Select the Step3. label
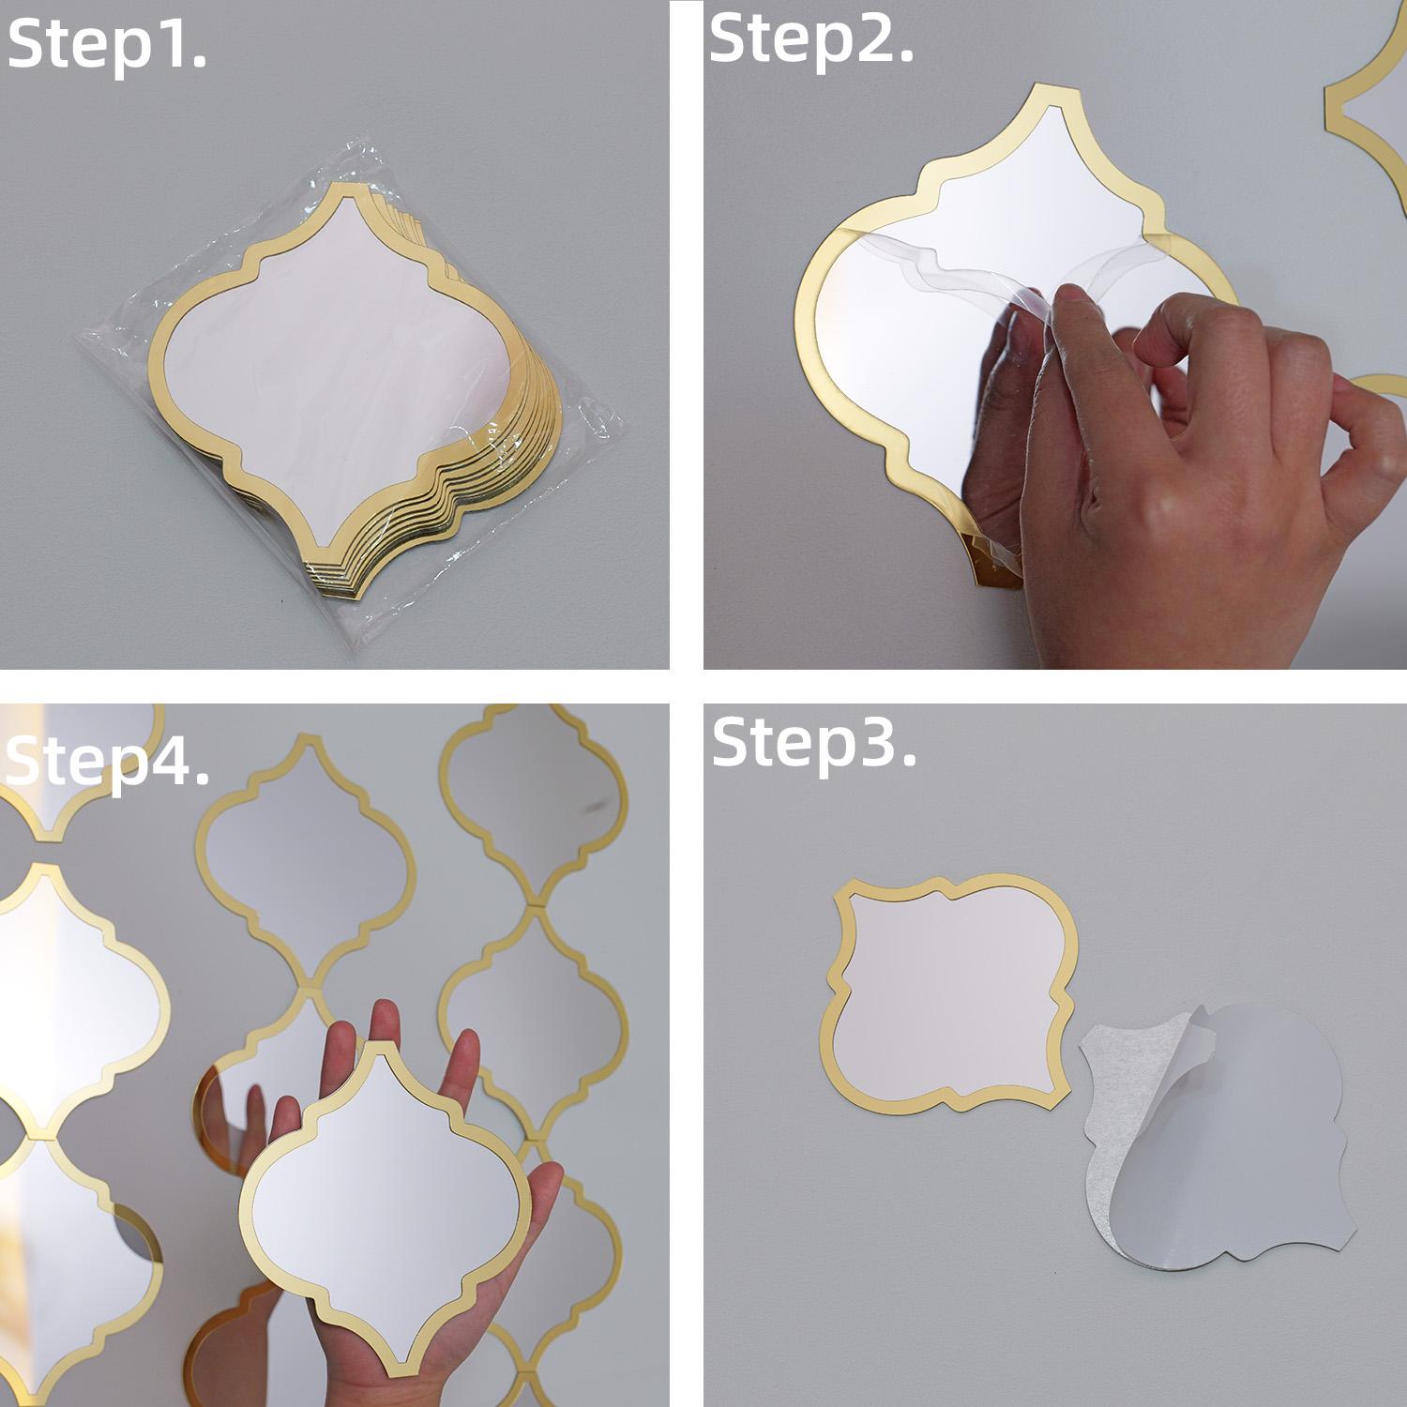point(814,743)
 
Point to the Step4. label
point(107,762)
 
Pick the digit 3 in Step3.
point(878,741)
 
